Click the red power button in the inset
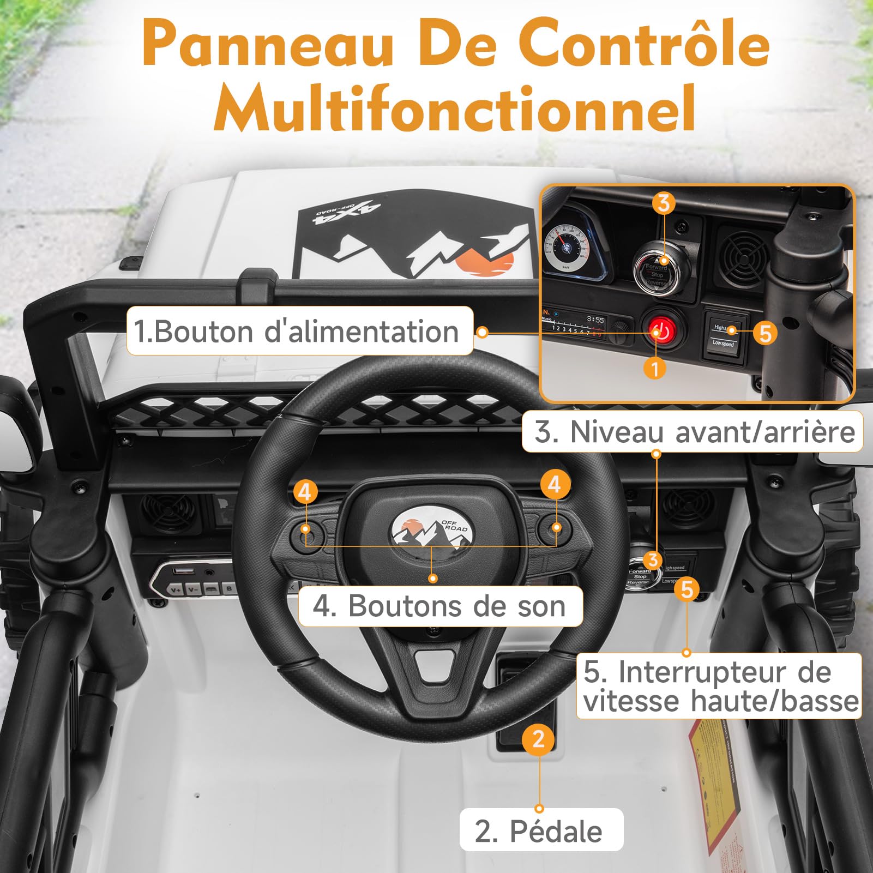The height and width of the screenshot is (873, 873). [x=661, y=331]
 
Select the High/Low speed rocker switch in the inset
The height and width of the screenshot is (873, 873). [x=723, y=335]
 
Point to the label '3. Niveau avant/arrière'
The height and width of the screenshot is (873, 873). [x=693, y=432]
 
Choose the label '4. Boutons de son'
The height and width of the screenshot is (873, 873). [x=439, y=606]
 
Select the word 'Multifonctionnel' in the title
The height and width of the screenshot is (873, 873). [x=455, y=107]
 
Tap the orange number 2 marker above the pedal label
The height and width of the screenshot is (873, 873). [x=538, y=739]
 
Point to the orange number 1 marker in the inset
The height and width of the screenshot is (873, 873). [x=655, y=368]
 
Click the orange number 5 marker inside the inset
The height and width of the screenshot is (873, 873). [x=765, y=333]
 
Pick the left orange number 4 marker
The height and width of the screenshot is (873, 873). [x=305, y=492]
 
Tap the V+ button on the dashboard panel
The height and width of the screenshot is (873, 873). [x=176, y=589]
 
